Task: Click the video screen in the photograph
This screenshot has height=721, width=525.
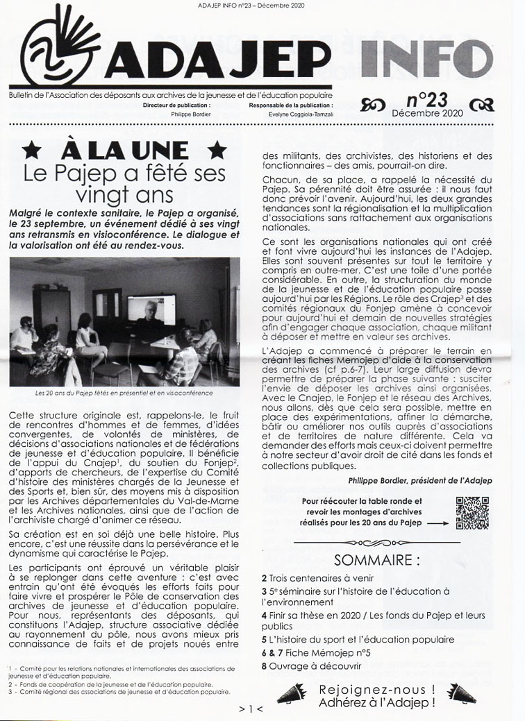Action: pos(151,309)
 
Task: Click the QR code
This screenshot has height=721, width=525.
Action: pos(472,513)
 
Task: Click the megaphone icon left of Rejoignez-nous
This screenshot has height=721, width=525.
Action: pos(292,692)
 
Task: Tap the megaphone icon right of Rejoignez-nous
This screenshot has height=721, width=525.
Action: pos(461,692)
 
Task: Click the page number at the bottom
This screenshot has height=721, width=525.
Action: pos(251,709)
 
